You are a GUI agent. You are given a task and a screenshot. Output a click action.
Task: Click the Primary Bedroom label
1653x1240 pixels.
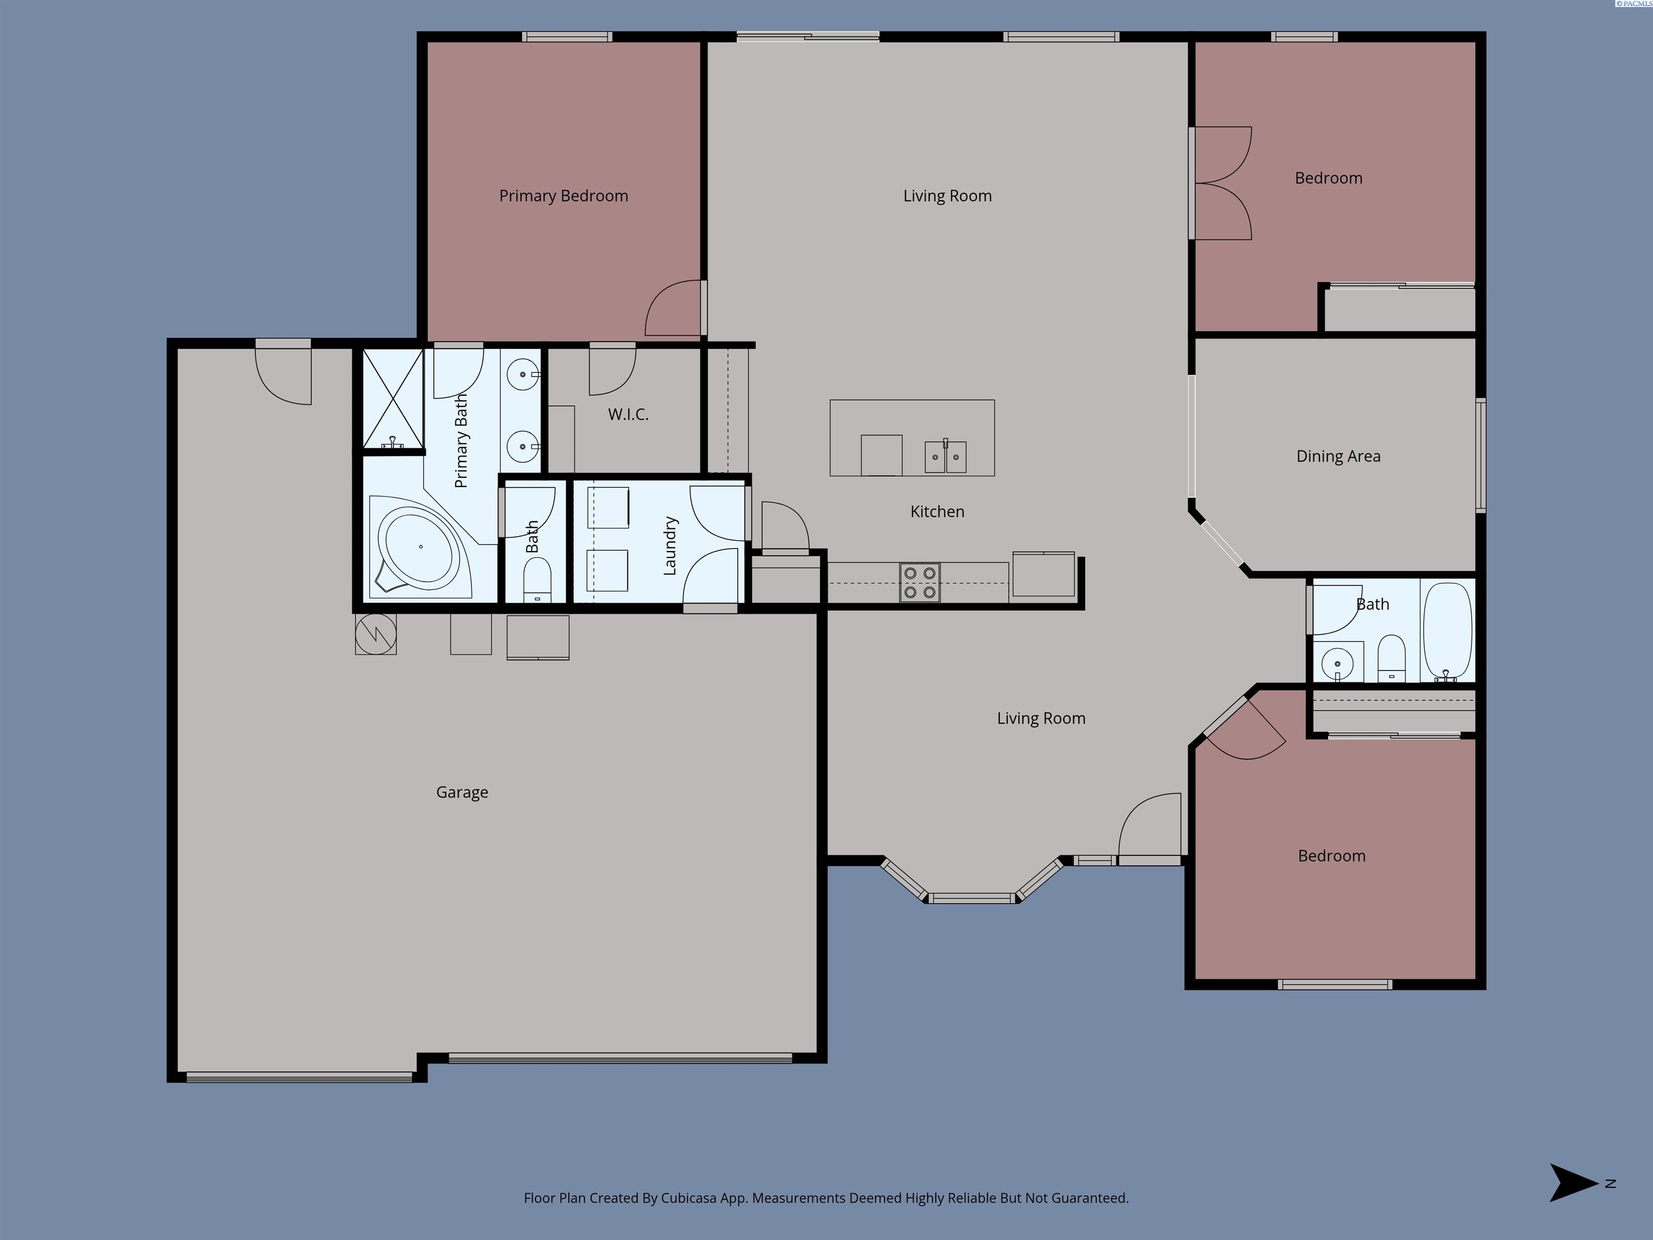click(x=563, y=196)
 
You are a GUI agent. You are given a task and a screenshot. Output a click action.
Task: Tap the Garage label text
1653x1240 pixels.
click(x=462, y=792)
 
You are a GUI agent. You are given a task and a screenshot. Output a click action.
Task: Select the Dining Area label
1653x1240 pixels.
click(x=1338, y=456)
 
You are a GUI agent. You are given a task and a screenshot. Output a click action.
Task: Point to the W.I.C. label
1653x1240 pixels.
click(x=628, y=414)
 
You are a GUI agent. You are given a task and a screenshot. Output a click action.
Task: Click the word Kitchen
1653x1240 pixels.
click(x=937, y=511)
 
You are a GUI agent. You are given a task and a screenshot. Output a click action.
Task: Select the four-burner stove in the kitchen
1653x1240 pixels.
click(x=920, y=583)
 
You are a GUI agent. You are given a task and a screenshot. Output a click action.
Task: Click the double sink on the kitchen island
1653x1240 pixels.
click(x=945, y=457)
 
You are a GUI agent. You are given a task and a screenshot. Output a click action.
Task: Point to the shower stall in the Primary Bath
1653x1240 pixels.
click(x=393, y=400)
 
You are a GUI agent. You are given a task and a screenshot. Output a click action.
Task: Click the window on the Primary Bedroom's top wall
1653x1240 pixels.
click(x=567, y=37)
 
